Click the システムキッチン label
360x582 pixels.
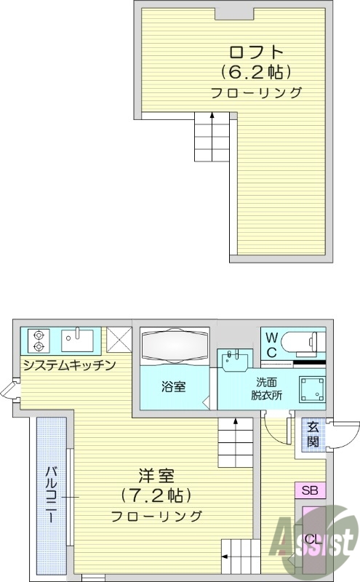pyautogui.click(x=69, y=364)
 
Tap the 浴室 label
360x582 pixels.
pyautogui.click(x=173, y=386)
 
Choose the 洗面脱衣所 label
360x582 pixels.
pyautogui.click(x=267, y=388)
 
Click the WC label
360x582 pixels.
pyautogui.click(x=270, y=344)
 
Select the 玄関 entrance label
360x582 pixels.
pyautogui.click(x=313, y=434)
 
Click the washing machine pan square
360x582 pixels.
pyautogui.click(x=314, y=388)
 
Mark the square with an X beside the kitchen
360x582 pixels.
pyautogui.click(x=119, y=340)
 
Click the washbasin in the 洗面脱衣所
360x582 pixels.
pyautogui.click(x=235, y=359)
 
